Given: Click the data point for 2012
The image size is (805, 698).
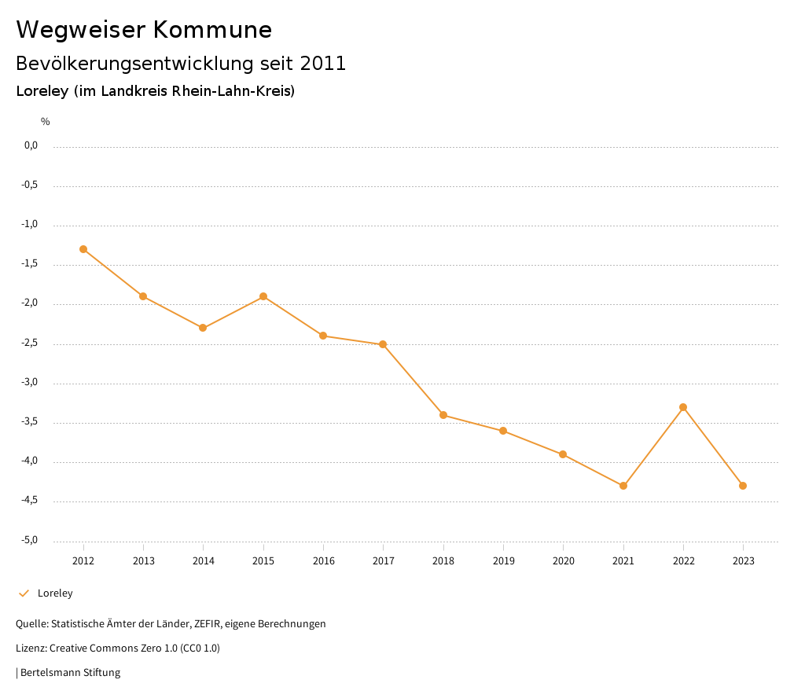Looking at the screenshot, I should tap(83, 249).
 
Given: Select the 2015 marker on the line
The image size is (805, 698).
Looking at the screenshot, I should tap(263, 296).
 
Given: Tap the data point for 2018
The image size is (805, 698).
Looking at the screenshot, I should tap(443, 415).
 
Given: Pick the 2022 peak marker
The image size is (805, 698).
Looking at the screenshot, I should tap(683, 407).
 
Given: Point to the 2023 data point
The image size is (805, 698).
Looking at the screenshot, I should tap(743, 486).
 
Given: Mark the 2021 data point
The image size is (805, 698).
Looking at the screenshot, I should tap(623, 486).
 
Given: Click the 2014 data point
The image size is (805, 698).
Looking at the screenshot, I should tap(203, 328).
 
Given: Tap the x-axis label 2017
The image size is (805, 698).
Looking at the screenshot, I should tap(383, 560).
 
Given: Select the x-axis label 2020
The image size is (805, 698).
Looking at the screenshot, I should tap(563, 560).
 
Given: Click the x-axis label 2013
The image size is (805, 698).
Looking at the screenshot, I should tap(143, 560).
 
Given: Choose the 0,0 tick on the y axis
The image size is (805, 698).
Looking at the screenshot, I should tap(31, 145).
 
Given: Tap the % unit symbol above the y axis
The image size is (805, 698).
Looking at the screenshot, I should tap(45, 122).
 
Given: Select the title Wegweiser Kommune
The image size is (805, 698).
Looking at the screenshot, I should tap(144, 30).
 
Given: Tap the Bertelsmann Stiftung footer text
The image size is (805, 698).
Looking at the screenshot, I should tap(70, 673).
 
